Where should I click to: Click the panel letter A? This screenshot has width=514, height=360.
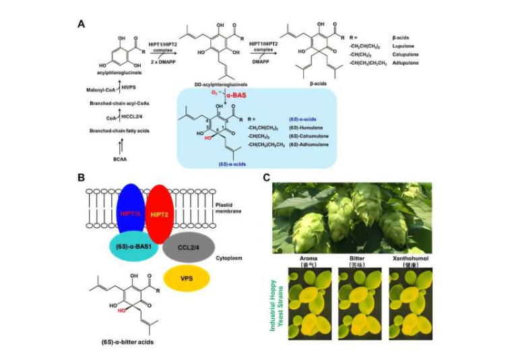coord(81,24)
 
